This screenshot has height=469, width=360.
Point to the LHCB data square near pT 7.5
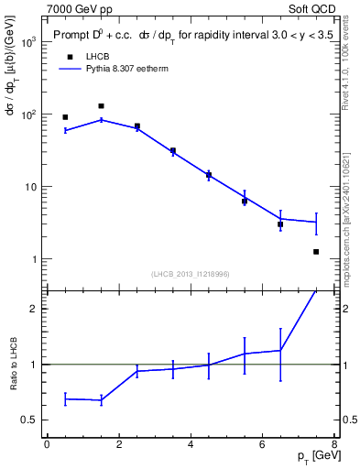pyautogui.click(x=316, y=251)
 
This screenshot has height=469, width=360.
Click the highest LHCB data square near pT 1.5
pyautogui.click(x=101, y=106)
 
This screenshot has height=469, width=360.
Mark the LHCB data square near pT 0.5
pyautogui.click(x=65, y=117)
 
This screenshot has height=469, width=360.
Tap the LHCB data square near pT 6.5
pyautogui.click(x=280, y=224)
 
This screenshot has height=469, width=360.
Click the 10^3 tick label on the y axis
pyautogui.click(x=27, y=43)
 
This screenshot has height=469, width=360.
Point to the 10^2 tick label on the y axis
pyautogui.click(x=27, y=115)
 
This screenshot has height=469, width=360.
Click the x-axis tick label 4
pyautogui.click(x=191, y=444)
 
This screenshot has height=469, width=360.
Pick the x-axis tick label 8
pyautogui.click(x=334, y=444)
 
